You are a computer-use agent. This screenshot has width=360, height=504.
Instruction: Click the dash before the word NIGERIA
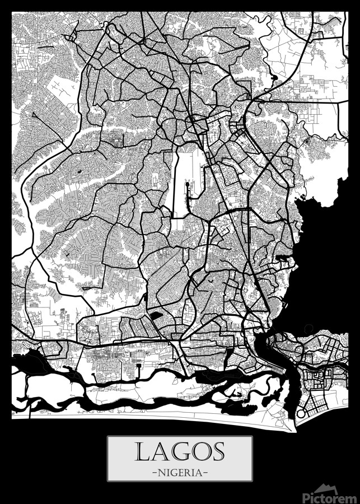[x=154, y=472]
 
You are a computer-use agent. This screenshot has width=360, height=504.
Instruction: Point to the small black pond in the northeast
[x=274, y=77]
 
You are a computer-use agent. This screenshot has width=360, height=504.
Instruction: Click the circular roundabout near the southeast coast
[x=300, y=414]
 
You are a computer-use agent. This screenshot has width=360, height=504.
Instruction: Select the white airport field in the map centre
[x=182, y=179]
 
